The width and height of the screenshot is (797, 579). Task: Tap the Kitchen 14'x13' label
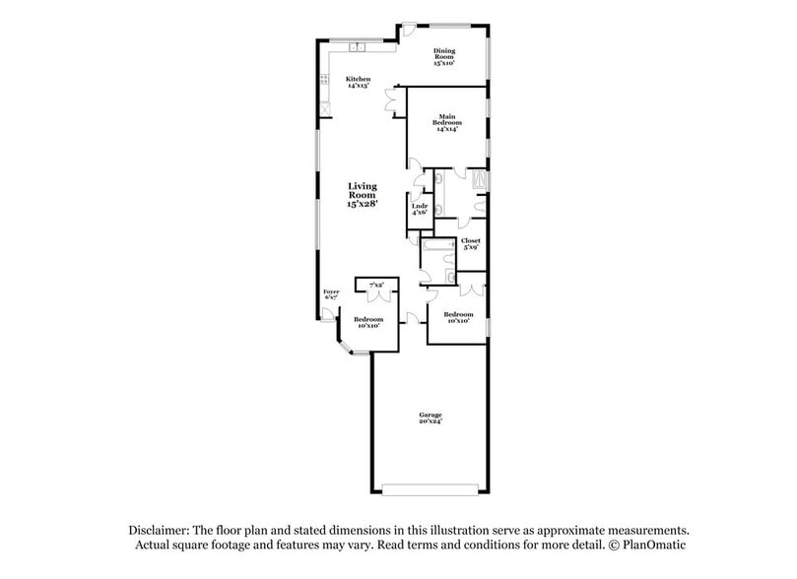coord(358,82)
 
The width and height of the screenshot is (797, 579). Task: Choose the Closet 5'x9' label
coord(470,243)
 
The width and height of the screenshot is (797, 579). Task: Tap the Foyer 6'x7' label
coord(331,295)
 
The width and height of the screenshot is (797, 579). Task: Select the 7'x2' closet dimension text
coord(376,285)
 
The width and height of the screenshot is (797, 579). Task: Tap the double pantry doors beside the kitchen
coord(394,102)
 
